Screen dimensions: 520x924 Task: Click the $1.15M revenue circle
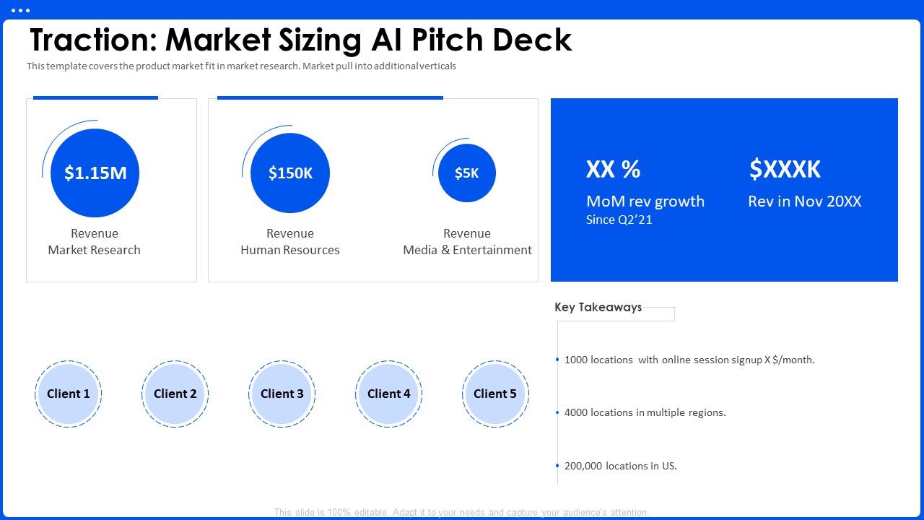coord(95,173)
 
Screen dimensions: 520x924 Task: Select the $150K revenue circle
coord(290,173)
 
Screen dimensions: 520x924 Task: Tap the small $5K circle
coord(466,173)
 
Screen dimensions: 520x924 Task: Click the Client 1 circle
coord(69,394)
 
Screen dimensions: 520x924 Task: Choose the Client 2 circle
coord(175,394)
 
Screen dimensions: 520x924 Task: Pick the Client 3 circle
coord(282,394)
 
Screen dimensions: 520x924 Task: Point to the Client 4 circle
coord(388,394)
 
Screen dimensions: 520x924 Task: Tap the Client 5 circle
coord(495,394)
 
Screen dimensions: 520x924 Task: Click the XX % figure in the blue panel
coord(613,169)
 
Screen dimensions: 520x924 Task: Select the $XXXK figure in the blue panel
coord(785,169)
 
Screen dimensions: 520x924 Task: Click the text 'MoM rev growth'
coord(645,201)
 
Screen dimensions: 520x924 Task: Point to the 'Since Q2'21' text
coord(619,220)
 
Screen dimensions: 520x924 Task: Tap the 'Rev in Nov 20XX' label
coord(804,201)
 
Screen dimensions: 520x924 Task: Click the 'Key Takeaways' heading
coord(598,307)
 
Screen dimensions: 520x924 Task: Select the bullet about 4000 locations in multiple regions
coord(645,412)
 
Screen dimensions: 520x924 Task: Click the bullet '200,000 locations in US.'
coord(620,466)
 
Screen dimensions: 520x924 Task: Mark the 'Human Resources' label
coord(290,250)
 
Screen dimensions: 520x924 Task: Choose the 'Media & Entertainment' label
coord(467,250)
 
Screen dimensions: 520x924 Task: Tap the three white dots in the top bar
coord(21,10)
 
